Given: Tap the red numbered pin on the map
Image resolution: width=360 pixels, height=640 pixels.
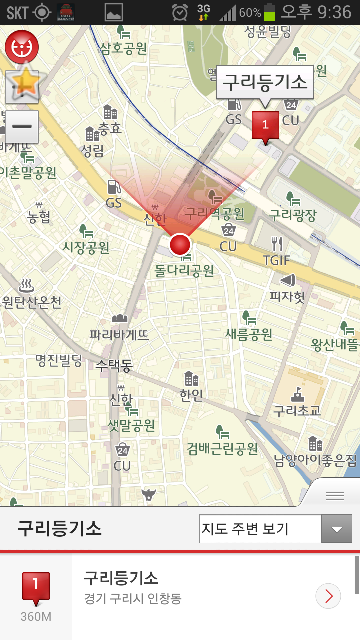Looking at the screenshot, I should point(265,125).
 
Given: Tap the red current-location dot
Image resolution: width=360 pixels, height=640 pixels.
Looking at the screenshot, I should point(180,245).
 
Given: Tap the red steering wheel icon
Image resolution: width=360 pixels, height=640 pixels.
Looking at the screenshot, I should point(22,47).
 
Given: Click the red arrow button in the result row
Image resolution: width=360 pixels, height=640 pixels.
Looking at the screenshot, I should point(328,596).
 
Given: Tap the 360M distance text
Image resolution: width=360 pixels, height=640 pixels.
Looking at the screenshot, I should point(36,617).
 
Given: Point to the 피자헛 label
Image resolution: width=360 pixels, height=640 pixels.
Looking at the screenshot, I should point(287,297).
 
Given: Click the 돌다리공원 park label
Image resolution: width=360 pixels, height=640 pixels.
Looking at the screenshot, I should point(184,271).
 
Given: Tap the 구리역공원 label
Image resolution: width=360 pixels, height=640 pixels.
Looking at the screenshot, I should point(215,214).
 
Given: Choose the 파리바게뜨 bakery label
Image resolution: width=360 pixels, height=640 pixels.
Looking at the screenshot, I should point(119,334).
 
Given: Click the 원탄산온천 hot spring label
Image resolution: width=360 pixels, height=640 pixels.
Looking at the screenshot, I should point(32,302).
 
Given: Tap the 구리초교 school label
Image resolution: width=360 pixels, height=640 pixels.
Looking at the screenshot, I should point(297,410).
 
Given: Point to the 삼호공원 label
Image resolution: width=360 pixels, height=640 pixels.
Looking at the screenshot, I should point(123,48).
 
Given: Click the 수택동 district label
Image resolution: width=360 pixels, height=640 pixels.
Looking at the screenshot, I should point(114,365).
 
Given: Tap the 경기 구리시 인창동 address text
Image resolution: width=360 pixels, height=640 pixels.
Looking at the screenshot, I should point(132,598).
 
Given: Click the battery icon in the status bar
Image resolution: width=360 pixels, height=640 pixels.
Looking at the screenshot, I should point(270,12).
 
